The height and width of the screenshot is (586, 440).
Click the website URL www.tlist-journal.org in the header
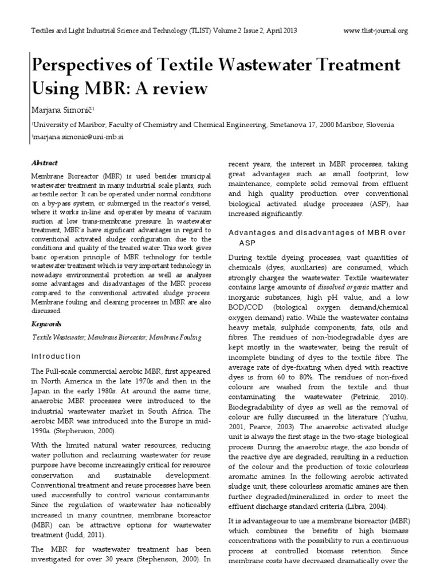tap(376, 31)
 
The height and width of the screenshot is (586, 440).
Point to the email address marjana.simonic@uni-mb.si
tap(74, 137)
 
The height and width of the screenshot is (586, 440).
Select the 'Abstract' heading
tap(45, 163)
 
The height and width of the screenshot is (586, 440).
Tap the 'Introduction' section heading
tap(56, 356)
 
